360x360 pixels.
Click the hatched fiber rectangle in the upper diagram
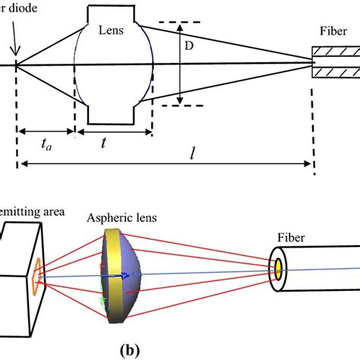click(x=335, y=65)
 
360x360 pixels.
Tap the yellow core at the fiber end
click(x=279, y=267)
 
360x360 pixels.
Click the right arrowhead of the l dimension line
click(x=307, y=163)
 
